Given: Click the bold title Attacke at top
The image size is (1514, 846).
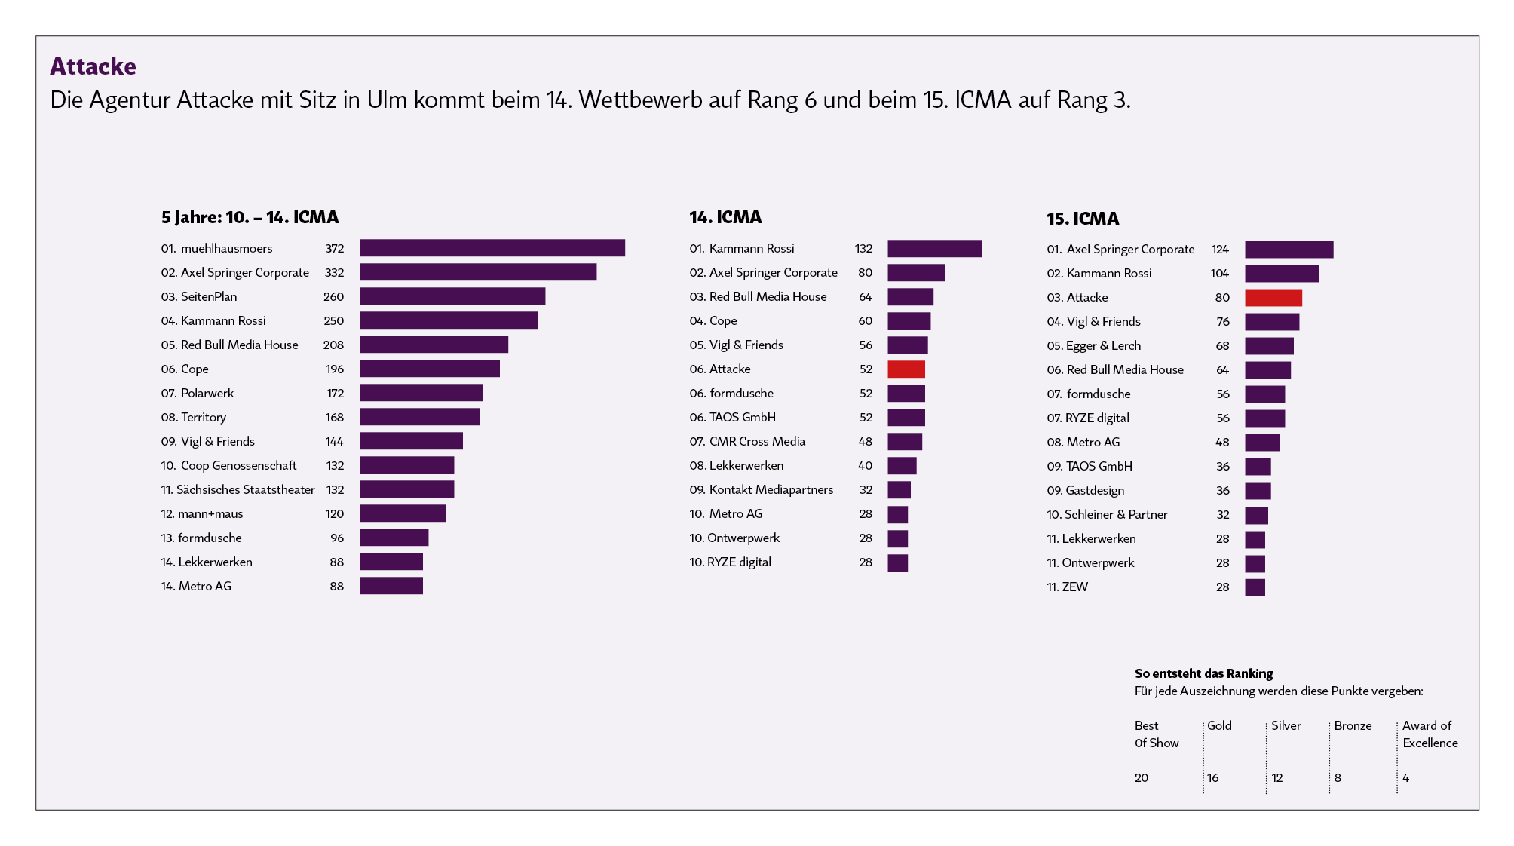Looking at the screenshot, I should [93, 66].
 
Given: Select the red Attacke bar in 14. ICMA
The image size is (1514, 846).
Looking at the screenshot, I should [906, 369].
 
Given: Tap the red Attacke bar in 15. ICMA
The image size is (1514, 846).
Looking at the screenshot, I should [1273, 298].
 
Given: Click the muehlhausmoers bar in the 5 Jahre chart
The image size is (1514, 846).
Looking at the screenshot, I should [492, 248].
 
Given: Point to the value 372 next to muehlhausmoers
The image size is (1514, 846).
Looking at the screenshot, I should [334, 249].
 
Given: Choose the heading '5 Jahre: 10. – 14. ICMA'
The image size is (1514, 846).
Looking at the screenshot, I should [250, 217].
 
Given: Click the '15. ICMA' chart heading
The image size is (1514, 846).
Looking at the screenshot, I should [1082, 219].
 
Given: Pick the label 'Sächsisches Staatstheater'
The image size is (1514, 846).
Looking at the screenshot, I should [245, 490].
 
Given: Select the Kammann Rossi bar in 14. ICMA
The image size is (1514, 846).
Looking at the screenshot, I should [934, 249].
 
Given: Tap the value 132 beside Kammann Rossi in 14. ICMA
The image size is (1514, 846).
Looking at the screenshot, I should [863, 249].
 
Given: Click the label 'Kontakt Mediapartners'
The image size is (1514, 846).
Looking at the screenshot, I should [771, 490].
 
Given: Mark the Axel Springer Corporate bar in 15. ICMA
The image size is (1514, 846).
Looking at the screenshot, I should [1289, 250].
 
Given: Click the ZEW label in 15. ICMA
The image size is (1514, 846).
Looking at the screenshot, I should [1074, 587].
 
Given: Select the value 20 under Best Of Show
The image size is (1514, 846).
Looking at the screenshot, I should [1141, 778].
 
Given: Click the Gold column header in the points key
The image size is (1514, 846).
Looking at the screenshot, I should [1219, 725].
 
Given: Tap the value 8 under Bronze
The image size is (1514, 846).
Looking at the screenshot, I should [1338, 778].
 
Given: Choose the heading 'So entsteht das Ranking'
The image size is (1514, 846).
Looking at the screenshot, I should [1203, 673].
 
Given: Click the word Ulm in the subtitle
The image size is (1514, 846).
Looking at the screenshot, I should [387, 100].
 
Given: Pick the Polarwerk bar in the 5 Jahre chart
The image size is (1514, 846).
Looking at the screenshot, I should [421, 393].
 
